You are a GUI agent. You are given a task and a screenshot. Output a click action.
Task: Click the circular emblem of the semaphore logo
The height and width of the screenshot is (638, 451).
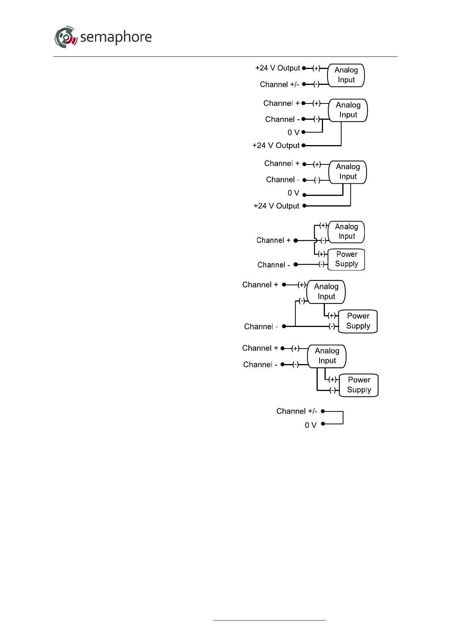coord(66,37)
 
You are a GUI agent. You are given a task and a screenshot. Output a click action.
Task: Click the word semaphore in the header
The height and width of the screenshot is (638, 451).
coord(116,37)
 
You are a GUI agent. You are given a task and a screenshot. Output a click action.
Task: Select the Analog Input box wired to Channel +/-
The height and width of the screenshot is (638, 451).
coord(346,75)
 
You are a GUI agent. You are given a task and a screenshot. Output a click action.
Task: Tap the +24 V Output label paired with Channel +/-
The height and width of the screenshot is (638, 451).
coord(278,68)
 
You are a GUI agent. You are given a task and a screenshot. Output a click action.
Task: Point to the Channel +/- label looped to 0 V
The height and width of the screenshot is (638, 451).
coord(297,411)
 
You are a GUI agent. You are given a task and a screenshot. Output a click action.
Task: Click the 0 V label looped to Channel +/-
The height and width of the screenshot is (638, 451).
coord(311,425)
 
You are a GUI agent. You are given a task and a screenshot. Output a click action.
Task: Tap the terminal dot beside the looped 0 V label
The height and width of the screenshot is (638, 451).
coord(323,424)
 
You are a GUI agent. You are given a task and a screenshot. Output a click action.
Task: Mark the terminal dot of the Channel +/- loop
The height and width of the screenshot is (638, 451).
coord(323,411)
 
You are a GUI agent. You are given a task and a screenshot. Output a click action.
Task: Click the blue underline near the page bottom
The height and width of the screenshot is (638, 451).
coord(269,620)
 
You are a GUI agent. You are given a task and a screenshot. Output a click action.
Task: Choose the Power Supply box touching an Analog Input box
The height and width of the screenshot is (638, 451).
coord(346,260)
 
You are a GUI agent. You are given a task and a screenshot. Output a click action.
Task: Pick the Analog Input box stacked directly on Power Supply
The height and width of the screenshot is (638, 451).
coord(346,231)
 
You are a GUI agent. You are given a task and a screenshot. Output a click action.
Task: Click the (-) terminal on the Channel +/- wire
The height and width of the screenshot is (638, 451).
coord(316,84)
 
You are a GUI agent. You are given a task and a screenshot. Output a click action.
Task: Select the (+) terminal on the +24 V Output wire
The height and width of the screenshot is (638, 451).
coord(316,68)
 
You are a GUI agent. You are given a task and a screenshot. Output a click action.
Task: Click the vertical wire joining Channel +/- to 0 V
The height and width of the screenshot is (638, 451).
coord(343,418)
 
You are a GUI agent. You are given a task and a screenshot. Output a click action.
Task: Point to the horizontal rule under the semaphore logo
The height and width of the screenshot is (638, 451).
coord(225,57)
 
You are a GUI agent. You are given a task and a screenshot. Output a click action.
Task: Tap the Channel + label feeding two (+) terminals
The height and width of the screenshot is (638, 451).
coord(273,240)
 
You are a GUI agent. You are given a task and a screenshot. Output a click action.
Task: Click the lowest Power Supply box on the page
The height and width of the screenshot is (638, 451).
coord(359,385)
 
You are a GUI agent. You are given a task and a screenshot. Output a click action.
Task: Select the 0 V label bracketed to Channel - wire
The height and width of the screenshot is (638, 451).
coord(293,133)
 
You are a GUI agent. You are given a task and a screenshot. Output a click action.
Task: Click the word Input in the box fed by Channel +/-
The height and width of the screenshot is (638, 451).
coord(346,80)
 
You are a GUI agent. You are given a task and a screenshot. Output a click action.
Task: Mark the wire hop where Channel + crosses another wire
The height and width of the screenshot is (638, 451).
coord(316,240)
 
